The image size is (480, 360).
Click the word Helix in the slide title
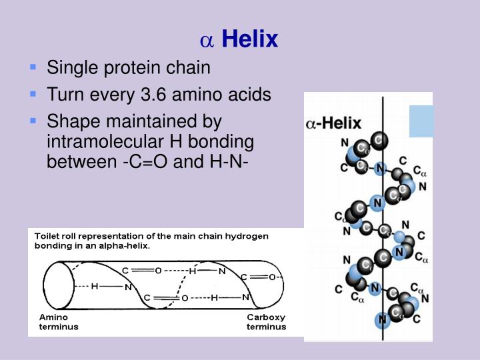249,40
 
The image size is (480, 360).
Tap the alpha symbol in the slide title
207,41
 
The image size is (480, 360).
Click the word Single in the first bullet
69,67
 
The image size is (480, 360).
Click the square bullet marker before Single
33,68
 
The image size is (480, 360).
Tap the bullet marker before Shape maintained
33,122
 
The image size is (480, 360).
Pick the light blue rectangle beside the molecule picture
421,121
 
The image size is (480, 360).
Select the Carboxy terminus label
266,322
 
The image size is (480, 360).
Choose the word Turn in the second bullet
61,95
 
